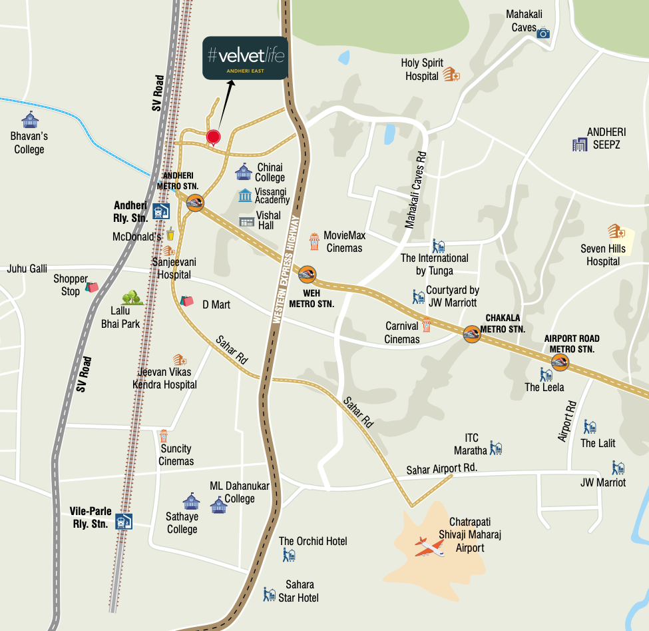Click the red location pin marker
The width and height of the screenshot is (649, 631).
coord(213,137)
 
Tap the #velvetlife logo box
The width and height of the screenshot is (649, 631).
coord(245,58)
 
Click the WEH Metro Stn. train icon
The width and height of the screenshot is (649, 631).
coord(307,274)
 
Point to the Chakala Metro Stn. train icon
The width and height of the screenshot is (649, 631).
coord(473,333)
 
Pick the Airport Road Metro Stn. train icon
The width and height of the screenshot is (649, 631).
coord(560,362)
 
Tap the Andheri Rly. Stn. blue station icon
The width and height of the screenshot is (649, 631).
coord(160,211)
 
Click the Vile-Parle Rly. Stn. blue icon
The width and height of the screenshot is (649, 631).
coord(124,521)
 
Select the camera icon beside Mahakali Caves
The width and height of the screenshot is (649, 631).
coord(543,33)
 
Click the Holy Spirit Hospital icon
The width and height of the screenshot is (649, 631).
coord(451,75)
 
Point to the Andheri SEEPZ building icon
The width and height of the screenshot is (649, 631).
coord(578,143)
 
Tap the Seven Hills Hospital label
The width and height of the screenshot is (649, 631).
coord(603,255)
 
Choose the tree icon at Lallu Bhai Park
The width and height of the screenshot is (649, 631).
coord(132,298)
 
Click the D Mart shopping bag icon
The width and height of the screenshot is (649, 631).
coord(186,301)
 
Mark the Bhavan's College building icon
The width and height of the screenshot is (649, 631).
coord(30,120)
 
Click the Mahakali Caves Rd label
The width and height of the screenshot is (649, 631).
coord(416,189)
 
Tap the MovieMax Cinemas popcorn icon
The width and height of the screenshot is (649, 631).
coord(314,240)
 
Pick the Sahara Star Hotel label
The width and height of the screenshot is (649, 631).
coord(299,592)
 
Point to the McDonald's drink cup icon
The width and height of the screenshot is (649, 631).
coord(170,234)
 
